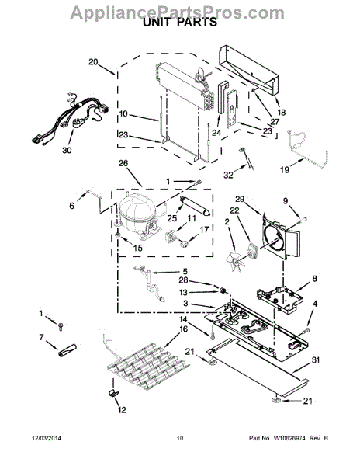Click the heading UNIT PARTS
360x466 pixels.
click(x=179, y=23)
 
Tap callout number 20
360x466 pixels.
click(x=93, y=61)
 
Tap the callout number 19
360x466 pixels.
click(x=284, y=169)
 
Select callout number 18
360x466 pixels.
click(x=280, y=111)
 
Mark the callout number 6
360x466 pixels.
click(x=71, y=206)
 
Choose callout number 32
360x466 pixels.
click(x=227, y=176)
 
